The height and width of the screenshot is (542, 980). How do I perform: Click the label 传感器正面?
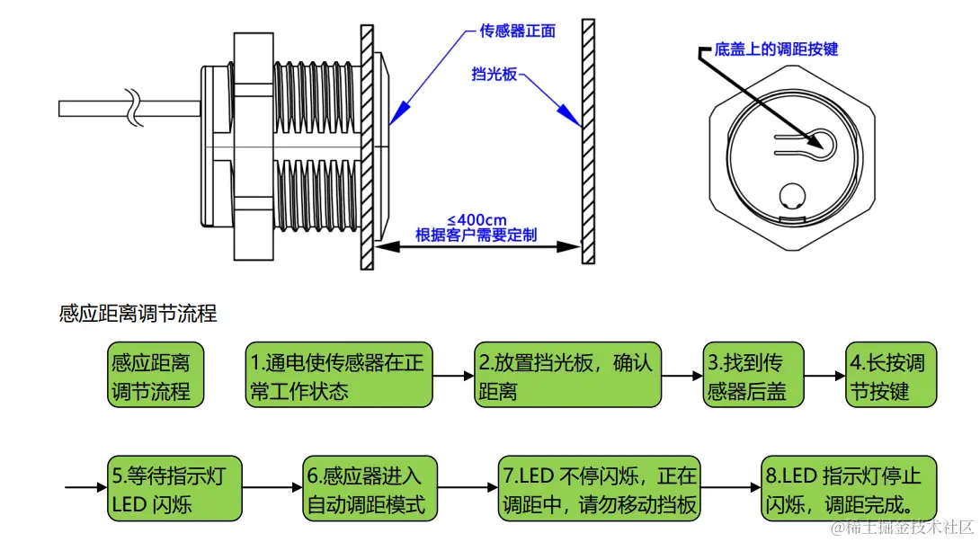[x=517, y=31]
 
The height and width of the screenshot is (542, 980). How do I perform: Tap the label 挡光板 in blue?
[x=494, y=75]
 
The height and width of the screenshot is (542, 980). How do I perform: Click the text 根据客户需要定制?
[x=476, y=235]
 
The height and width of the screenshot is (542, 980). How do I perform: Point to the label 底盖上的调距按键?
[x=775, y=49]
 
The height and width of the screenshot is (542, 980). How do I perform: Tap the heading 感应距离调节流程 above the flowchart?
[x=138, y=314]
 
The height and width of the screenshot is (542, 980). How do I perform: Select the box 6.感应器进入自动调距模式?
[x=368, y=489]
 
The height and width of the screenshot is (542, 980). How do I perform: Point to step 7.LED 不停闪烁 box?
[x=600, y=489]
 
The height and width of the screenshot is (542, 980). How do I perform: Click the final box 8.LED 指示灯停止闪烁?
[x=850, y=489]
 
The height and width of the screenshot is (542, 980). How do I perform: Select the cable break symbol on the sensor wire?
[x=135, y=107]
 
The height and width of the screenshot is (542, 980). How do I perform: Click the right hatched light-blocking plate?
[x=588, y=142]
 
